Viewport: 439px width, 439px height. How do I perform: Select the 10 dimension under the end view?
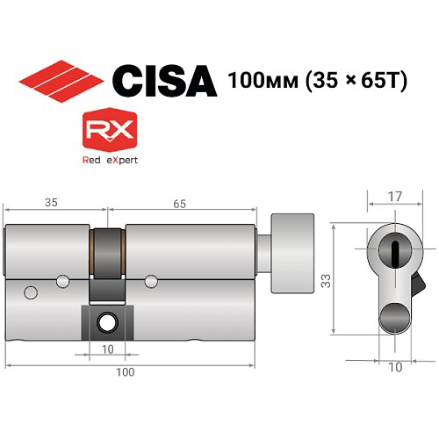pos(395,367)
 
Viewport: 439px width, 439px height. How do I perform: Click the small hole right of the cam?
pos(150,281)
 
